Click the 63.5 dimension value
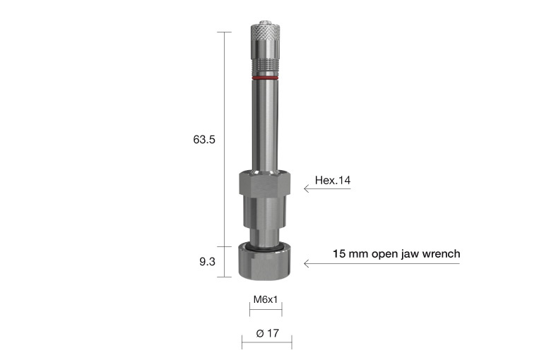(203, 140)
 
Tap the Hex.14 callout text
(332, 181)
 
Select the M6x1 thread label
(266, 299)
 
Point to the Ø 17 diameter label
(266, 333)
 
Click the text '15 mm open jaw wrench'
(396, 253)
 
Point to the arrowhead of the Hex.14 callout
(307, 188)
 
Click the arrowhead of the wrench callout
(307, 264)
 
